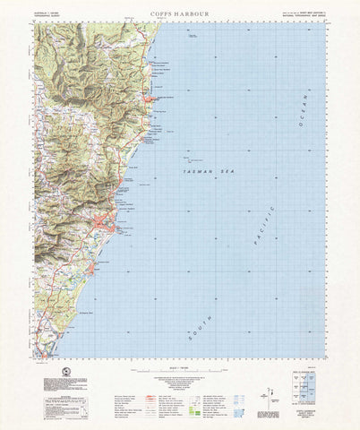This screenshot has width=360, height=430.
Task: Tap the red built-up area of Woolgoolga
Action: (x=153, y=99)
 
